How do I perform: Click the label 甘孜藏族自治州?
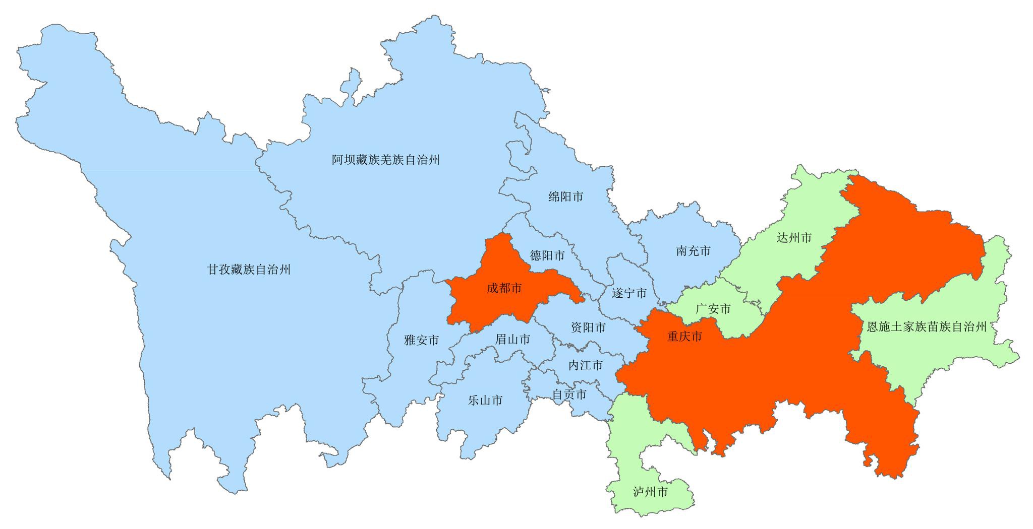point(249,270)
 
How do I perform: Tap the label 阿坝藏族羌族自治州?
point(386,160)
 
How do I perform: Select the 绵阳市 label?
point(565,197)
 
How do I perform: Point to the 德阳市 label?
point(547,255)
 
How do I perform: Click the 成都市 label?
point(504,288)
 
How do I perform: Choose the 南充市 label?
point(693,251)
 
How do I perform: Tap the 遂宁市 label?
point(629,293)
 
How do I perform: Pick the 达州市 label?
point(794,237)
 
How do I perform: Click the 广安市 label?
point(713,309)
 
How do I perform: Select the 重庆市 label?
point(684,337)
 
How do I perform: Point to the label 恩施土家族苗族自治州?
point(927,327)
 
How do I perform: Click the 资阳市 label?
point(588,327)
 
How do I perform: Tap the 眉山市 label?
point(512,340)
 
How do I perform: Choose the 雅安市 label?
point(421,340)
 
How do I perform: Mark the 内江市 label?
point(585,365)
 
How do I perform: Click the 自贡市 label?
point(569,394)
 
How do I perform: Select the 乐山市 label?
point(485,401)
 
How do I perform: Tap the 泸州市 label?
point(650,492)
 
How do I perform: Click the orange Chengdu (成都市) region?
point(484,307)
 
